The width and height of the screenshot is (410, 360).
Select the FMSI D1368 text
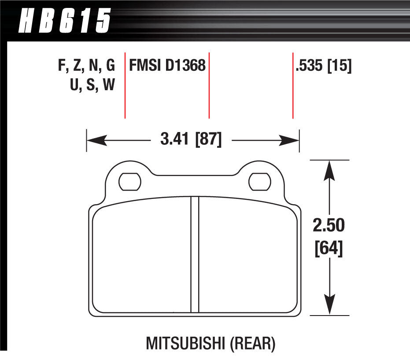(167, 65)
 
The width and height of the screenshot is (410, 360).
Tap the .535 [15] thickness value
(323, 66)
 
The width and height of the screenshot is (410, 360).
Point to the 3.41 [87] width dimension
(191, 139)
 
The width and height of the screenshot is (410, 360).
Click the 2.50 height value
(329, 225)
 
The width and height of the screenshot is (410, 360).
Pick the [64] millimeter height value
(329, 249)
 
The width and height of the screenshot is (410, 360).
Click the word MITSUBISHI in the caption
(185, 343)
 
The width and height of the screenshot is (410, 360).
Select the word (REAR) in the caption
(253, 344)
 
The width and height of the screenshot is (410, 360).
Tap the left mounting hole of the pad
(130, 182)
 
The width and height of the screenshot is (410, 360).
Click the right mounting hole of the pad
(260, 182)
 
